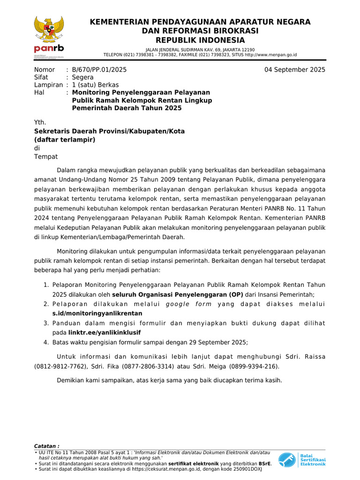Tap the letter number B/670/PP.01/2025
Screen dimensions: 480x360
(x=99, y=70)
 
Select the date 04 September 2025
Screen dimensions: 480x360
(x=295, y=70)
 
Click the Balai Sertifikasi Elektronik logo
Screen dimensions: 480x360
(x=301, y=460)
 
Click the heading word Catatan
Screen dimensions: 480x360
(x=46, y=446)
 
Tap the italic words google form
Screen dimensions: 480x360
(x=188, y=304)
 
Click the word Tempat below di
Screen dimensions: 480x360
(x=46, y=157)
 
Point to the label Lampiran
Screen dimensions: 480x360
(x=48, y=85)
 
